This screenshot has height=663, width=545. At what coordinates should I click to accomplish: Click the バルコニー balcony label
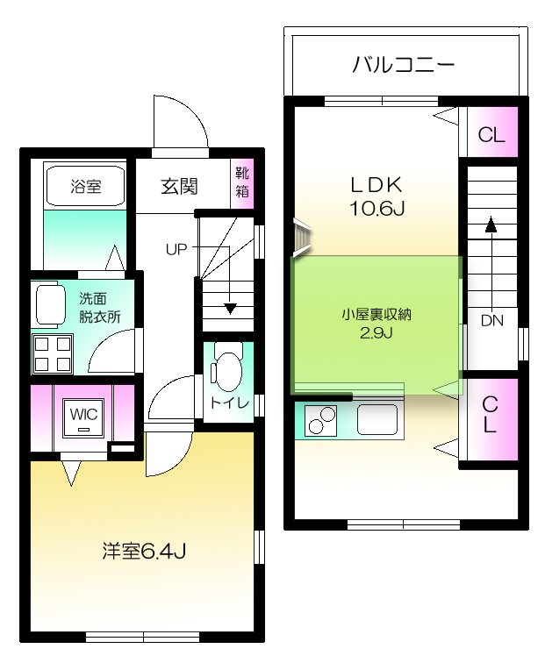[x=403, y=64]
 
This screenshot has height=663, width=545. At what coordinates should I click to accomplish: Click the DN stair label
[x=491, y=321]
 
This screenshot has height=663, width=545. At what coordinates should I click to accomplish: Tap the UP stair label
[x=176, y=248]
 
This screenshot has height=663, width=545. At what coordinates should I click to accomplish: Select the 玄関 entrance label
[x=178, y=187]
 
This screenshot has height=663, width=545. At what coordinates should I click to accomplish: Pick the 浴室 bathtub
[x=86, y=186]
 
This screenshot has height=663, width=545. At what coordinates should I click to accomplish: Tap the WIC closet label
[x=83, y=411]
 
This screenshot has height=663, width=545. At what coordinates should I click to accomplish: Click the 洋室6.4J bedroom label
[x=142, y=551]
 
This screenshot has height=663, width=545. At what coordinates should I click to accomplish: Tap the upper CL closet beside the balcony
[x=491, y=135]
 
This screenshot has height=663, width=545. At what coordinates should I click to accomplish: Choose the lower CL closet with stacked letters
[x=491, y=416]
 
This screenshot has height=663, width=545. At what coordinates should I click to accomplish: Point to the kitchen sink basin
[x=378, y=421]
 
